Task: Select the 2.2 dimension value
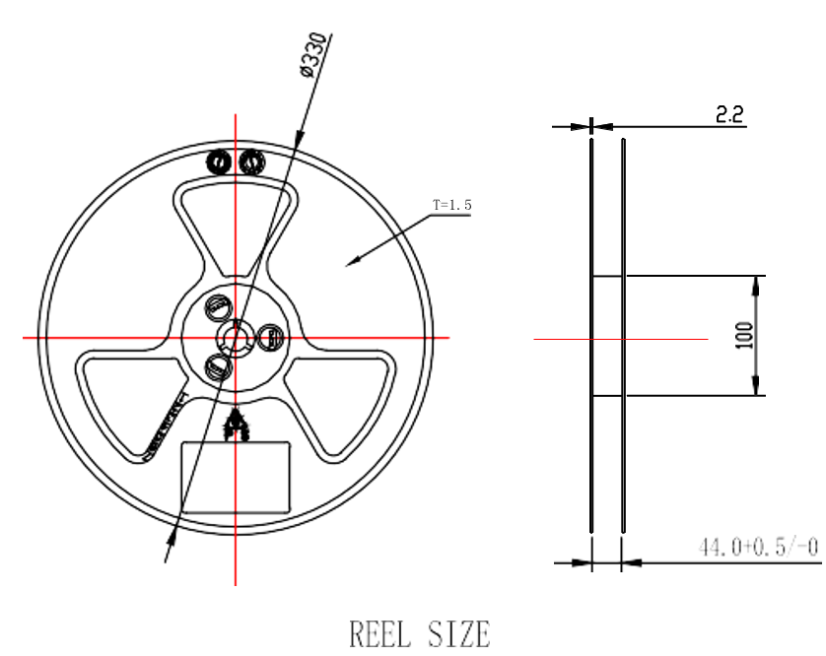click(x=729, y=115)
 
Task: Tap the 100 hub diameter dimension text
click(x=744, y=335)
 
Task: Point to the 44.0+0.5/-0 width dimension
click(x=757, y=547)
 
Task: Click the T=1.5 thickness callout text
click(x=452, y=205)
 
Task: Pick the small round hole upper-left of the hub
click(x=216, y=308)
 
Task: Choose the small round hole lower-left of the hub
click(x=217, y=368)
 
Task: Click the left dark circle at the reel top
click(x=220, y=160)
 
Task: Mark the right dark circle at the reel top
click(x=251, y=160)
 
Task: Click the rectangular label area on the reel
click(x=236, y=476)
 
